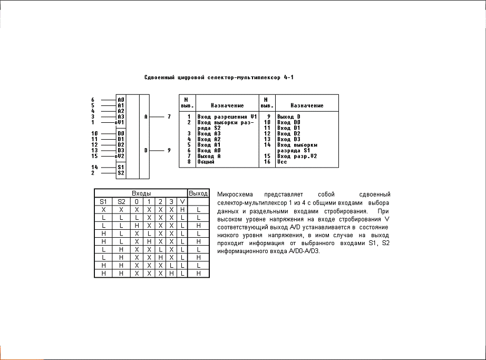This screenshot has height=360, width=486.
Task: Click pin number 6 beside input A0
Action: click(x=93, y=99)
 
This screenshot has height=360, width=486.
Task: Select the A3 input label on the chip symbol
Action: click(x=121, y=116)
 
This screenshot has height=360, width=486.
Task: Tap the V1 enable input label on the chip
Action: click(x=121, y=122)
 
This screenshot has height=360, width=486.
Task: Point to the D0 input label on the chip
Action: click(x=121, y=133)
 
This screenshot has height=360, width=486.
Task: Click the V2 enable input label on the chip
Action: click(x=121, y=155)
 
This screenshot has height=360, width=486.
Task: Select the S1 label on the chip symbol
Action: click(x=121, y=167)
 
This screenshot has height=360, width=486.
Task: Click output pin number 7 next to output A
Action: click(x=169, y=116)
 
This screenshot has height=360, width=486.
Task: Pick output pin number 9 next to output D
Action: click(x=169, y=150)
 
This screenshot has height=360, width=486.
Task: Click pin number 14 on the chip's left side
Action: click(x=94, y=167)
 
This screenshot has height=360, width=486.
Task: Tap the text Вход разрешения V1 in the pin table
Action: click(x=227, y=116)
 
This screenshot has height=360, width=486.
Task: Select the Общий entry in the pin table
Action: click(x=206, y=162)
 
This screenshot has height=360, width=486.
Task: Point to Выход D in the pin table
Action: click(x=289, y=116)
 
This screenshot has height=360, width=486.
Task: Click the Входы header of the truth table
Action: click(x=141, y=193)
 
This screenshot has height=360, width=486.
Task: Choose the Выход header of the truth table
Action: click(x=198, y=193)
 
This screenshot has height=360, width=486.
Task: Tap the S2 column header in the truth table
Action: click(x=121, y=201)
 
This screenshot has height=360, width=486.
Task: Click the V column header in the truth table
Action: click(x=182, y=201)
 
